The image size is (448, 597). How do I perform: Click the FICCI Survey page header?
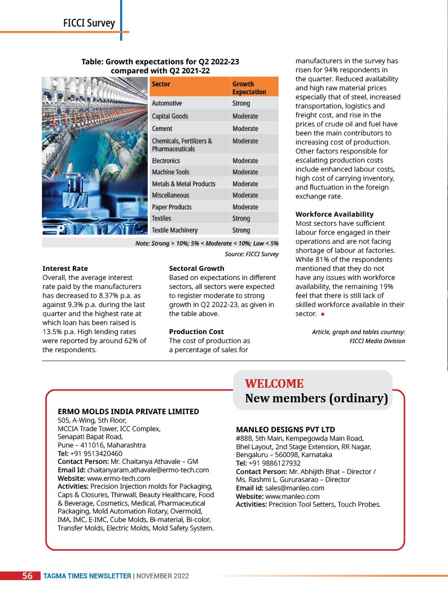pyautogui.click(x=89, y=23)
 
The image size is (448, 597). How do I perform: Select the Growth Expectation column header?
pyautogui.click(x=249, y=87)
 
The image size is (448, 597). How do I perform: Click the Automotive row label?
pyautogui.click(x=167, y=104)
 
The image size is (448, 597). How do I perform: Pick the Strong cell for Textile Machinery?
pyautogui.click(x=241, y=230)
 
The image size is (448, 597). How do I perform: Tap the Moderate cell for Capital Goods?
pyautogui.click(x=245, y=116)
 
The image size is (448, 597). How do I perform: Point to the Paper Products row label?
pyautogui.click(x=172, y=207)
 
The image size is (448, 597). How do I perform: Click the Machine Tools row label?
pyautogui.click(x=170, y=172)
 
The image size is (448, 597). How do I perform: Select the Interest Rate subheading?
pyautogui.click(x=65, y=269)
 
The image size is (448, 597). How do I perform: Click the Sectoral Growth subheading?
pyautogui.click(x=196, y=269)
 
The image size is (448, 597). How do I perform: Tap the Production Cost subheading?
pyautogui.click(x=196, y=332)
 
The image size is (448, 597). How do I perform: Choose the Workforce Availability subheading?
pyautogui.click(x=334, y=214)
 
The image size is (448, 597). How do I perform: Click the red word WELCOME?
pyautogui.click(x=274, y=384)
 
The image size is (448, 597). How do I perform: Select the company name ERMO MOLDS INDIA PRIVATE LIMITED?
pyautogui.click(x=128, y=411)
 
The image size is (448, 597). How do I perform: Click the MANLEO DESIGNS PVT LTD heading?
pyautogui.click(x=286, y=429)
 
